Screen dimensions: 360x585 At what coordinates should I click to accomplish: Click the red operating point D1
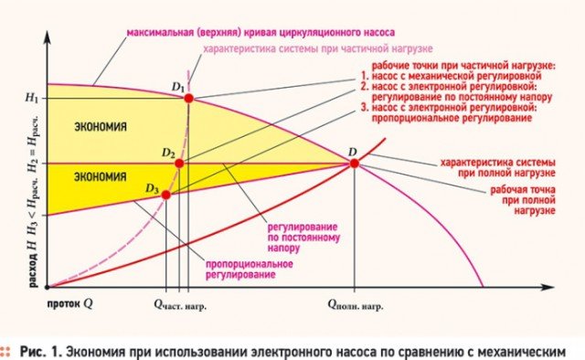pyautogui.click(x=188, y=98)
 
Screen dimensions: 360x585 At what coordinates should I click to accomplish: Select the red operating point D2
pyautogui.click(x=179, y=164)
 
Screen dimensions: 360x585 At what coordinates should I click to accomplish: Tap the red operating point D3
pyautogui.click(x=165, y=193)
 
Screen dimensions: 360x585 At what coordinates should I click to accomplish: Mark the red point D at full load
pyautogui.click(x=354, y=164)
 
